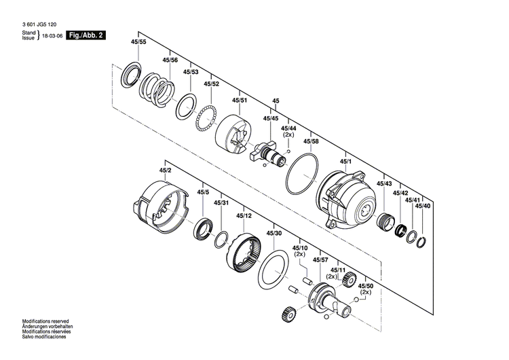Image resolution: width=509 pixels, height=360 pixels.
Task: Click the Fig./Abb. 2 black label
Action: coord(86,35)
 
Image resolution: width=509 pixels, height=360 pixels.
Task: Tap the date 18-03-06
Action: coord(51,35)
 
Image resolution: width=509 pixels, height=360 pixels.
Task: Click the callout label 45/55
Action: coord(138,42)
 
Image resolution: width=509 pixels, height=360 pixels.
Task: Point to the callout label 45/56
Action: coord(170,60)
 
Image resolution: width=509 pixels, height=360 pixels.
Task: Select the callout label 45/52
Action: coord(211,84)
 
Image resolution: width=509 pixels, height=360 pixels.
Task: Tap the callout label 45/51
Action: coord(240,100)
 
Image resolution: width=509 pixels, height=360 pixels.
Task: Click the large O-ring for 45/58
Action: coord(302,175)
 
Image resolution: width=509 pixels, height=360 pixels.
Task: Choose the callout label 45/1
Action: coord(345,160)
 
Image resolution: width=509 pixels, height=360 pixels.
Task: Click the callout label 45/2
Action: coord(166,170)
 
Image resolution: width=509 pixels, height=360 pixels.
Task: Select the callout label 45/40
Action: coord(423,205)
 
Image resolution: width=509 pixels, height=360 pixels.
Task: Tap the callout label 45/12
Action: coord(244,216)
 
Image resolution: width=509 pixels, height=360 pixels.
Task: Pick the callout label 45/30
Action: coord(274,233)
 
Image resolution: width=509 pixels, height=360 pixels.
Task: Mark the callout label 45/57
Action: coord(320,259)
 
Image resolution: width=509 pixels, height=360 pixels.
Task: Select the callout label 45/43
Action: coord(384,184)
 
